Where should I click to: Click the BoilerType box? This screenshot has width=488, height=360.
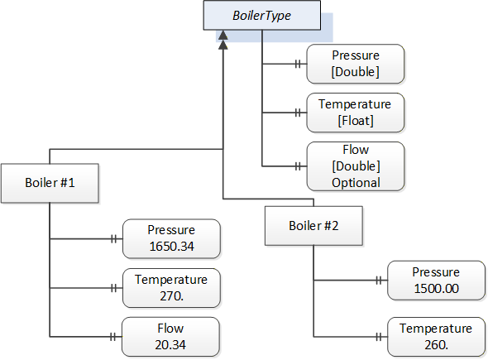(262, 15)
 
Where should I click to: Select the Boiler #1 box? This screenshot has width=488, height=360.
(50, 183)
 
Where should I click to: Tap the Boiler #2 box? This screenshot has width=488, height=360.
(313, 226)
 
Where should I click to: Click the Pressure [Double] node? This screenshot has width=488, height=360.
(356, 64)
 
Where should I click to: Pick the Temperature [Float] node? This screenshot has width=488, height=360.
(356, 113)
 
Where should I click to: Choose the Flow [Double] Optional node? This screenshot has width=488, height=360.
(356, 166)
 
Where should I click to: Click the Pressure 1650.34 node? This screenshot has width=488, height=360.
(171, 238)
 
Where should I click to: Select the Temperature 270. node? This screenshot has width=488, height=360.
(171, 288)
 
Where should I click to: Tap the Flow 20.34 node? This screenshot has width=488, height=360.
(170, 337)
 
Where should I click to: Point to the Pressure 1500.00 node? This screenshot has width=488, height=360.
(436, 281)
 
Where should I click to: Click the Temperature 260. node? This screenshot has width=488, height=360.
(436, 337)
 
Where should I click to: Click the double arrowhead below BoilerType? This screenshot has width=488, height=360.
(222, 40)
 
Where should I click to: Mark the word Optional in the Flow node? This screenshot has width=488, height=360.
(356, 183)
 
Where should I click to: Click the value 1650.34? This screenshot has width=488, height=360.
(171, 247)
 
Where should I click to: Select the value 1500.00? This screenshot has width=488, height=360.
(436, 288)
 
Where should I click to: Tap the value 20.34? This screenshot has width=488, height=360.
(170, 345)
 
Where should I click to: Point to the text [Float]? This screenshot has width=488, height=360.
(356, 121)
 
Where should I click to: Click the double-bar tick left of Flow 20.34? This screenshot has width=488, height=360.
(113, 337)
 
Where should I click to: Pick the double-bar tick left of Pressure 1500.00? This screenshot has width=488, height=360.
(379, 281)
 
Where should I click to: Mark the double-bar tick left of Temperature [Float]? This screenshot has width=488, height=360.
(298, 113)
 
